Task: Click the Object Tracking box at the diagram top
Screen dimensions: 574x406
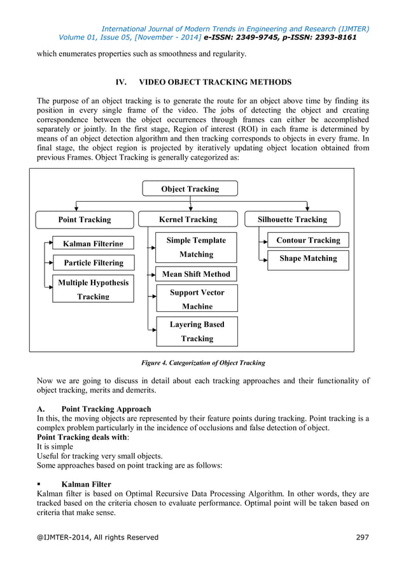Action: point(190,188)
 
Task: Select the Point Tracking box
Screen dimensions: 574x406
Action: point(84,220)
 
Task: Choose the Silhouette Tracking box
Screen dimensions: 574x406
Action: point(292,220)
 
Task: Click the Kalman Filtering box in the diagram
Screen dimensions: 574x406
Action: point(93,243)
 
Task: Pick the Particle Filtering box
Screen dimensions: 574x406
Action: point(93,263)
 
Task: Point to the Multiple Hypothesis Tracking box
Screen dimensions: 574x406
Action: point(93,289)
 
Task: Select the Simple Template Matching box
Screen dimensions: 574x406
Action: point(196,247)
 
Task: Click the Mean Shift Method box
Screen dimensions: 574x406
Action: point(196,274)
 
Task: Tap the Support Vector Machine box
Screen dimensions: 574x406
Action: point(196,298)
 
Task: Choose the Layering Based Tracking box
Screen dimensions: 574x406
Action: point(196,331)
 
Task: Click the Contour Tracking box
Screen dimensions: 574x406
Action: point(308,241)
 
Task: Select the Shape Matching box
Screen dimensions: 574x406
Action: point(308,259)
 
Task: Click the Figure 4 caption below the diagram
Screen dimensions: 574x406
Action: point(202,363)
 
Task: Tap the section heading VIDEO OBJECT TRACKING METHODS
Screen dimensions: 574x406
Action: point(215,83)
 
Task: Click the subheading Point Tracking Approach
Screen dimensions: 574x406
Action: point(106,409)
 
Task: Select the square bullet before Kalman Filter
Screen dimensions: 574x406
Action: point(39,484)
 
